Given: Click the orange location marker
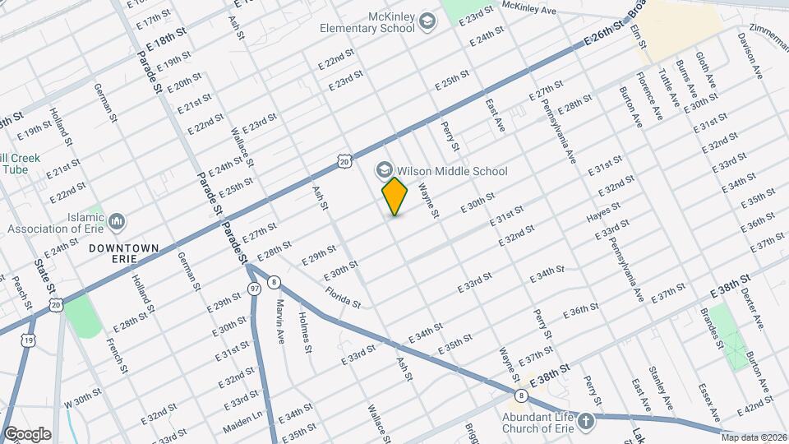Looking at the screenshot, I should tap(395, 197).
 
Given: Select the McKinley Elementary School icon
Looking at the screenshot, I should tap(427, 21).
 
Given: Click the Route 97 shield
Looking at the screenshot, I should tap(254, 289).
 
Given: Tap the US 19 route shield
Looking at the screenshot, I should tap(29, 339).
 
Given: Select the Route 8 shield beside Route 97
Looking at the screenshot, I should tap(274, 283).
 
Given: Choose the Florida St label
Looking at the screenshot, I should tap(343, 297).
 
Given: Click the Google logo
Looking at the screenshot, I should tap(26, 433).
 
